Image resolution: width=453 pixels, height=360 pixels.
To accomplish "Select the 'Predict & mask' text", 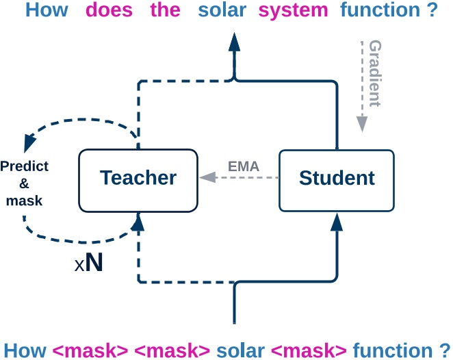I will [x=24, y=183].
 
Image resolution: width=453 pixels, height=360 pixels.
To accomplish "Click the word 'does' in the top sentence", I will [x=109, y=12].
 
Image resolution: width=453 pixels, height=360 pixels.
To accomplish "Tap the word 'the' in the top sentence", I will [x=165, y=12].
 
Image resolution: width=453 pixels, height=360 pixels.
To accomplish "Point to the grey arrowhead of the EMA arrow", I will [x=205, y=178].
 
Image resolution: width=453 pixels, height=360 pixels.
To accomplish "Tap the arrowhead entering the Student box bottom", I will [x=337, y=222].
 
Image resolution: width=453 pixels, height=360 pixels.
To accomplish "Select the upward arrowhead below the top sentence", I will [x=234, y=42].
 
